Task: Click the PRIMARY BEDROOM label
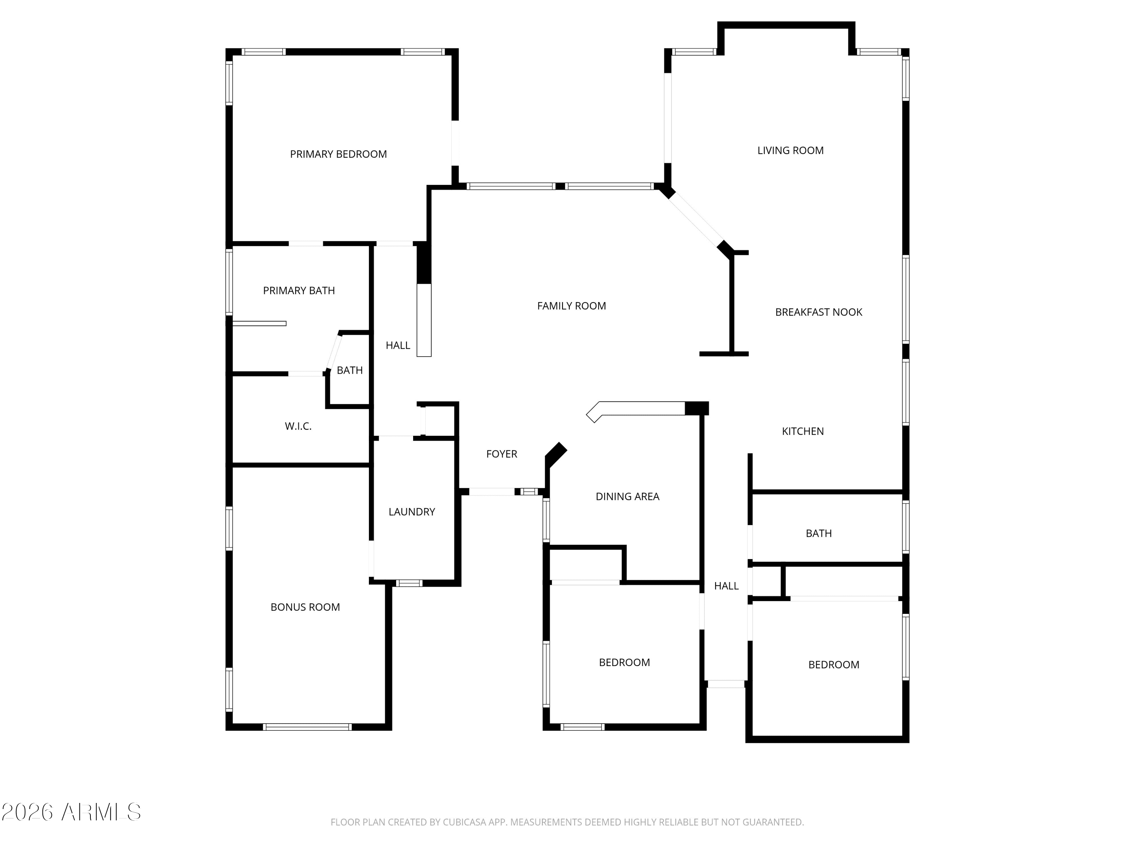(x=338, y=154)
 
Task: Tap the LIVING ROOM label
(x=790, y=150)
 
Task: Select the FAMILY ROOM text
(x=571, y=306)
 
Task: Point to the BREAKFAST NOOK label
(x=818, y=312)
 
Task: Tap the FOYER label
(x=501, y=454)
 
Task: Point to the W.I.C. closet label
(x=298, y=426)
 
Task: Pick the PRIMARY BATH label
(x=299, y=291)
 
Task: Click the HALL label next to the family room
(x=398, y=346)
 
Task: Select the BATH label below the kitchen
(x=818, y=533)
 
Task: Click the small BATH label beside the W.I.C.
(x=350, y=370)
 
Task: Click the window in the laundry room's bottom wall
(x=409, y=583)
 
